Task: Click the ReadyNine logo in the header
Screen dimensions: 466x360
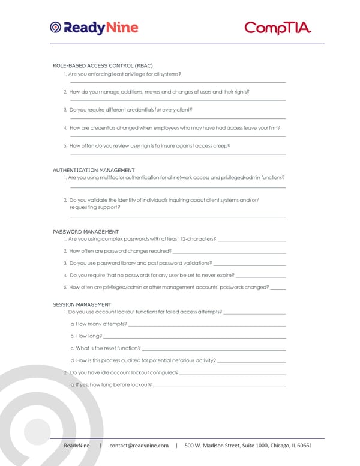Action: [x=94, y=28]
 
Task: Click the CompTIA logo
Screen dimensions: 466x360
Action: [x=278, y=28]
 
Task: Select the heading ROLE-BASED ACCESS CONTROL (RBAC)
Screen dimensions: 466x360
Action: [x=103, y=65]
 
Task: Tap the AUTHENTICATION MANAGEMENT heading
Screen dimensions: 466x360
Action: [x=94, y=170]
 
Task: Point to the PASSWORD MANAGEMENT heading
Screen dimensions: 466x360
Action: [x=86, y=231]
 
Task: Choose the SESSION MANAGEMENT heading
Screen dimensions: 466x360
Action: [x=82, y=304]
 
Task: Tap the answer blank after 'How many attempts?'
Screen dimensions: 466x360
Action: [x=207, y=325]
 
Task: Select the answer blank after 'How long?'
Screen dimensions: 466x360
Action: [x=194, y=337]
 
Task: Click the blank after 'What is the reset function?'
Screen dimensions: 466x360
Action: [x=214, y=349]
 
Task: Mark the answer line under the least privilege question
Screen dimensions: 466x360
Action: [x=178, y=82]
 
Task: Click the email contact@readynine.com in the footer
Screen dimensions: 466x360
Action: [x=139, y=445]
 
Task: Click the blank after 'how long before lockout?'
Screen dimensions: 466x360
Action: [x=220, y=385]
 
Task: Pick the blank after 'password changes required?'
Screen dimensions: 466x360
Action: [x=229, y=252]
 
